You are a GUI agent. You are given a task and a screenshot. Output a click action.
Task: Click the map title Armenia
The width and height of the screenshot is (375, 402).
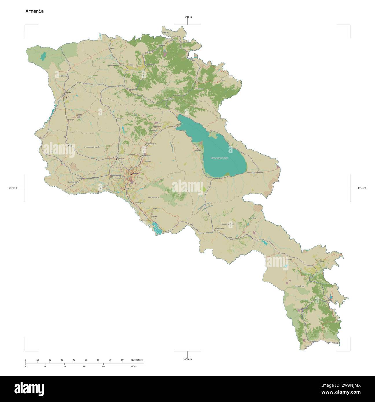tap(34, 11)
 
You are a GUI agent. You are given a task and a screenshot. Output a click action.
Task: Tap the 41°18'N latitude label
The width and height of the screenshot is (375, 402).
tap(187, 17)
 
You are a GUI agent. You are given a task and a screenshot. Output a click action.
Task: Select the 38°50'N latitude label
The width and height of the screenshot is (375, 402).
tap(187, 359)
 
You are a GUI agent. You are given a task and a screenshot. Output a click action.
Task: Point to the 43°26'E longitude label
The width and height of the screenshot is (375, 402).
tap(13, 188)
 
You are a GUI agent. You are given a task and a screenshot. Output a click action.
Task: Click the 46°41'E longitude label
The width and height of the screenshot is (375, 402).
tap(362, 188)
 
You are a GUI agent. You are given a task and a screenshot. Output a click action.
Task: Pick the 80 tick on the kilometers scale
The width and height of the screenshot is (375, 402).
tap(122, 360)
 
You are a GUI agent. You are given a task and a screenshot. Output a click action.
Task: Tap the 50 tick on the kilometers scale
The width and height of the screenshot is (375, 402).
tap(86, 360)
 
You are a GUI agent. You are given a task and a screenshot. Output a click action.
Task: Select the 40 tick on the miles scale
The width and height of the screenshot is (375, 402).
tap(103, 366)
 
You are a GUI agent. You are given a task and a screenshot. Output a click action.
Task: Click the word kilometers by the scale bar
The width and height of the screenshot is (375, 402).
tap(137, 360)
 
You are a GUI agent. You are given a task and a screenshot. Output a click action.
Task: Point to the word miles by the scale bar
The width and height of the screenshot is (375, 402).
tap(133, 366)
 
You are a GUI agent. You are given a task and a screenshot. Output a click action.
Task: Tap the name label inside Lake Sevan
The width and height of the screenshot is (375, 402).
tap(219, 158)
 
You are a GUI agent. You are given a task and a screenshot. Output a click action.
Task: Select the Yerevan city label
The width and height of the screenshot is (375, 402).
tap(135, 174)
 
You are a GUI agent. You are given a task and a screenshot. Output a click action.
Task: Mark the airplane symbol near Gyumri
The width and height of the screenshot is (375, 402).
tap(67, 97)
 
